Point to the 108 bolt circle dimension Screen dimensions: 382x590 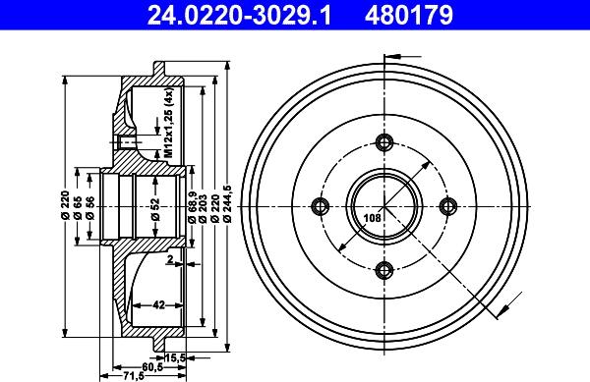372,218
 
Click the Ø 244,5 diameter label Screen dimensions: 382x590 227,204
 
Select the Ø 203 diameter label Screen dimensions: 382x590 202,204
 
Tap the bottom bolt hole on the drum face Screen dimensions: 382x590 384,270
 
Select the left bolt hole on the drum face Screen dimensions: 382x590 320,205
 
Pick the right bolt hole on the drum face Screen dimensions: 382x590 449,205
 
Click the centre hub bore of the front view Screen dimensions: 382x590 384,205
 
